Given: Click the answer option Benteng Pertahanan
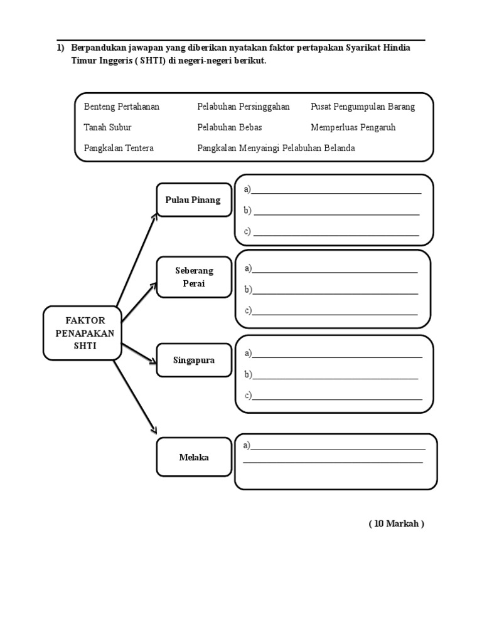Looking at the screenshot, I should click(121, 107).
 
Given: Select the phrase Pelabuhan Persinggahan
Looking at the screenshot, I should click(243, 107).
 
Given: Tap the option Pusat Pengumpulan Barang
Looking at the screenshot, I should click(362, 107).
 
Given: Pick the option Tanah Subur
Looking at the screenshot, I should click(107, 127).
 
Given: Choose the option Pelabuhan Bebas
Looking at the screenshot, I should click(229, 127).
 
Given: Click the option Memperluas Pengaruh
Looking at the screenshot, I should click(353, 127).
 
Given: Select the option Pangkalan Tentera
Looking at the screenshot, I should click(119, 148).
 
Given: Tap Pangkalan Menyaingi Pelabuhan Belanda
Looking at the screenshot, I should click(276, 148).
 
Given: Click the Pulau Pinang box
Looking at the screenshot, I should click(193, 200).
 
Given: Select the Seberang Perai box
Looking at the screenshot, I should click(193, 277).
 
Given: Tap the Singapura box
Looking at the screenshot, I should click(193, 360).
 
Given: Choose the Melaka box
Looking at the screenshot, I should click(193, 458).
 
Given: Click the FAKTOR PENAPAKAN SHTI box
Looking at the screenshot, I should click(82, 332).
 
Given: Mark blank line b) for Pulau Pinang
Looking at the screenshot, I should click(336, 213).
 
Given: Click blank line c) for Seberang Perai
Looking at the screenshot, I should click(335, 313).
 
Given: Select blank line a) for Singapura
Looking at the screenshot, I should click(336, 355).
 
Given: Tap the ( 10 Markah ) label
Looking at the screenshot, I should click(396, 524).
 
